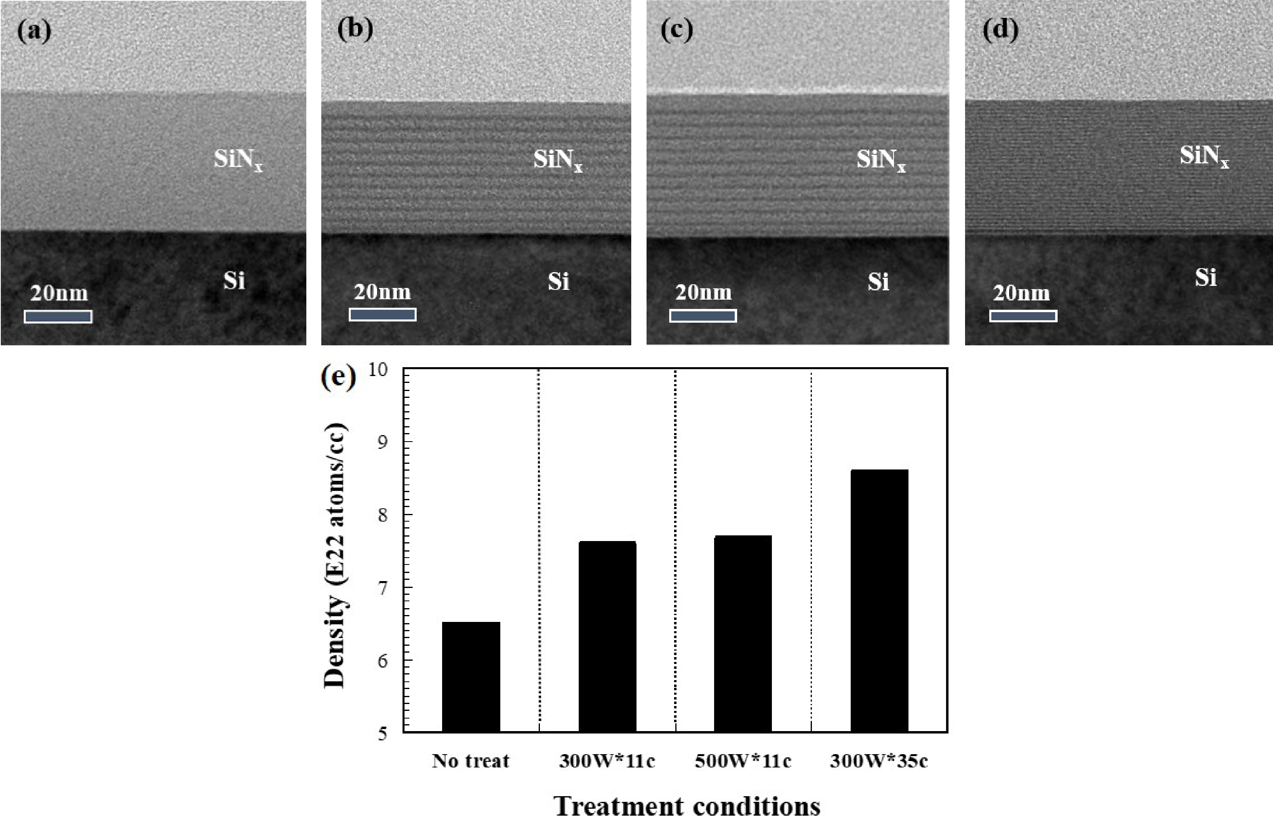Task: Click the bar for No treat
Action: click(x=471, y=677)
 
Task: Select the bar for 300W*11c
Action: click(x=607, y=637)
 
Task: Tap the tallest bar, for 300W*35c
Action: click(x=879, y=601)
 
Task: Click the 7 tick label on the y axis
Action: click(x=383, y=588)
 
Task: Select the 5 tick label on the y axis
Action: click(x=383, y=734)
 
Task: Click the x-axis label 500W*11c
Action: click(x=743, y=761)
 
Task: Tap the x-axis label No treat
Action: click(x=471, y=761)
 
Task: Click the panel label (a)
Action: click(x=34, y=31)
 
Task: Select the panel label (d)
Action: click(x=1000, y=30)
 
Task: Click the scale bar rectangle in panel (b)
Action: click(x=382, y=314)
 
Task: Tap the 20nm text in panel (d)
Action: click(x=1021, y=293)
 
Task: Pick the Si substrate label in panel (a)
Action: click(x=234, y=280)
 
